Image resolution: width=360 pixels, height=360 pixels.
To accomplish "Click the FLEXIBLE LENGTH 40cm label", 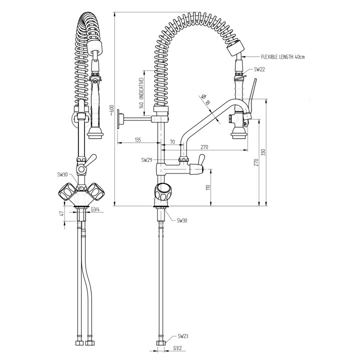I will coord(282,57).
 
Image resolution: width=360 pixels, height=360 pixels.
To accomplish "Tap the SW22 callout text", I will coord(259,69).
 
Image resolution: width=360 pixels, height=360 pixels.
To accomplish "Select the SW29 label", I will coord(146,160).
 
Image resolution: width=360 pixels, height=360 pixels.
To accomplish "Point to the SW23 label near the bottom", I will coord(183,337).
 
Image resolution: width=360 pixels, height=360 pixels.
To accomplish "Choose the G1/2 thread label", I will coord(177,348).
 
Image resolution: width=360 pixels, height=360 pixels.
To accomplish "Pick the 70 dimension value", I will coord(172,142).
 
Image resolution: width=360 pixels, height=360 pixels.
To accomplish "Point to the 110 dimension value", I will coord(207,187).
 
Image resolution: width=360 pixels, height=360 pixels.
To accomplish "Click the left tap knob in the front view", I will coord(66,191).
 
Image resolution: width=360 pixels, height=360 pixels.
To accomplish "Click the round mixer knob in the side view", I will coord(162,191).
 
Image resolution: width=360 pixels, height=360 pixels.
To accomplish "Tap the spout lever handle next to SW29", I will coord(200,162).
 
